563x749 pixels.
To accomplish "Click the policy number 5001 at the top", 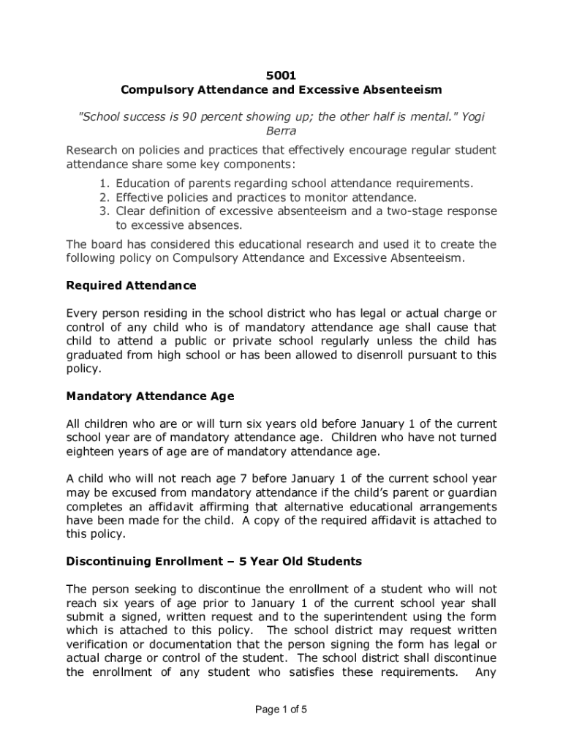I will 281,75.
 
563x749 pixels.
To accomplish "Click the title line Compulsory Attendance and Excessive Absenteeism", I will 281,90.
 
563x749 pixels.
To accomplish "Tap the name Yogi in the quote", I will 472,117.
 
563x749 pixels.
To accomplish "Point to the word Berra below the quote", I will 281,132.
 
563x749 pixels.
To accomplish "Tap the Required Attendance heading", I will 132,285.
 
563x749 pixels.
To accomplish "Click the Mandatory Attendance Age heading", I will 151,396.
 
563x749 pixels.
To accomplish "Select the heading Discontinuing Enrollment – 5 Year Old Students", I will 214,562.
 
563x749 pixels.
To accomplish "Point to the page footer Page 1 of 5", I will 281,709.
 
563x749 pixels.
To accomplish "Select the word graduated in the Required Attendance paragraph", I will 95,355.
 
